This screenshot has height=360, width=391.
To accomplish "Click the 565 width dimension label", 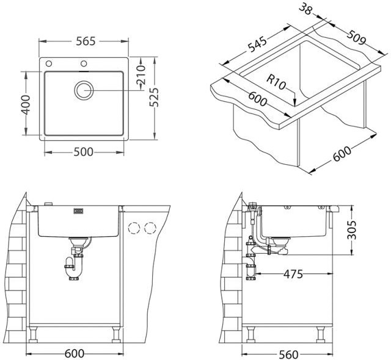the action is point(86,41).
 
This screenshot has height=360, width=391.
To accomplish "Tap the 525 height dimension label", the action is point(154,97).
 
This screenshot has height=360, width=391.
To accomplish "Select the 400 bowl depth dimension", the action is point(25,105).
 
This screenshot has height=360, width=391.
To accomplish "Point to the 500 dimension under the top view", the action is point(84,151).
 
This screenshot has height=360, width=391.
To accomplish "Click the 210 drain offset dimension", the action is point(141,74).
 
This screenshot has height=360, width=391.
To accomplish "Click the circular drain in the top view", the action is point(84,90).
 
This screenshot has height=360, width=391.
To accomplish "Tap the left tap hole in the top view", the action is point(49,63).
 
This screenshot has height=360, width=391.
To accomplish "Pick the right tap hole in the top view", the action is point(84,63).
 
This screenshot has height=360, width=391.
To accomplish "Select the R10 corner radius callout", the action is point(276,82).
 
